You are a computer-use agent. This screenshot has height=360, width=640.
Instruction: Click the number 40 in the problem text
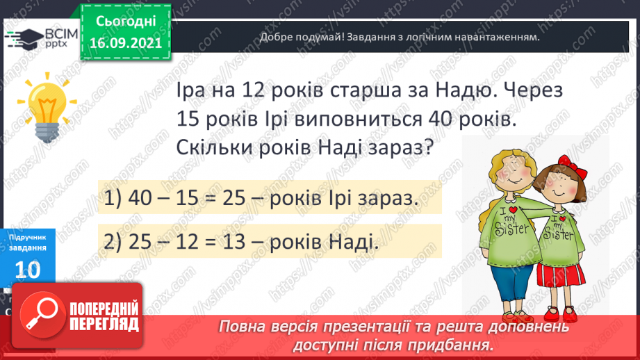click(442, 119)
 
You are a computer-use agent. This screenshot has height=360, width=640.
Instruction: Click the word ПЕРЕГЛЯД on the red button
click(105, 324)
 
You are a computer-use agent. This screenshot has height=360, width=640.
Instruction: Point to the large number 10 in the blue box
click(27, 269)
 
